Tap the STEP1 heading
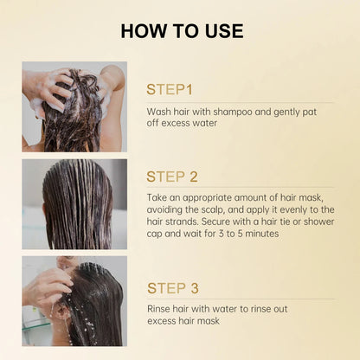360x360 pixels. point(175,89)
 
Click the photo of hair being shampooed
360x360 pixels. point(74,106)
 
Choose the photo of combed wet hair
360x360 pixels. point(74,204)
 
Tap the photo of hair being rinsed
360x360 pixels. point(74,301)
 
